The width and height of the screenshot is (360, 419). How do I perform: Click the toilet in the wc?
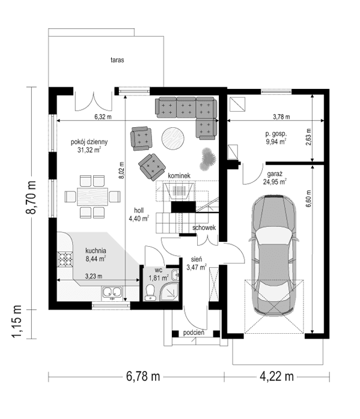click(150, 292)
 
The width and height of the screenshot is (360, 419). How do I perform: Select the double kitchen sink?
click(111, 294)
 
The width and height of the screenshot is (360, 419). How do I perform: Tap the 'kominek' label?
click(179, 175)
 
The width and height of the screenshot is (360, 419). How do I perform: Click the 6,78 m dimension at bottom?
click(142, 376)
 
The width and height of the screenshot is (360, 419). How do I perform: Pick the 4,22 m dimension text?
click(276, 376)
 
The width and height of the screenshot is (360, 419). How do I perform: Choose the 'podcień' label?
click(194, 332)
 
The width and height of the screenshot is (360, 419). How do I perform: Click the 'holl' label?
click(138, 211)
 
